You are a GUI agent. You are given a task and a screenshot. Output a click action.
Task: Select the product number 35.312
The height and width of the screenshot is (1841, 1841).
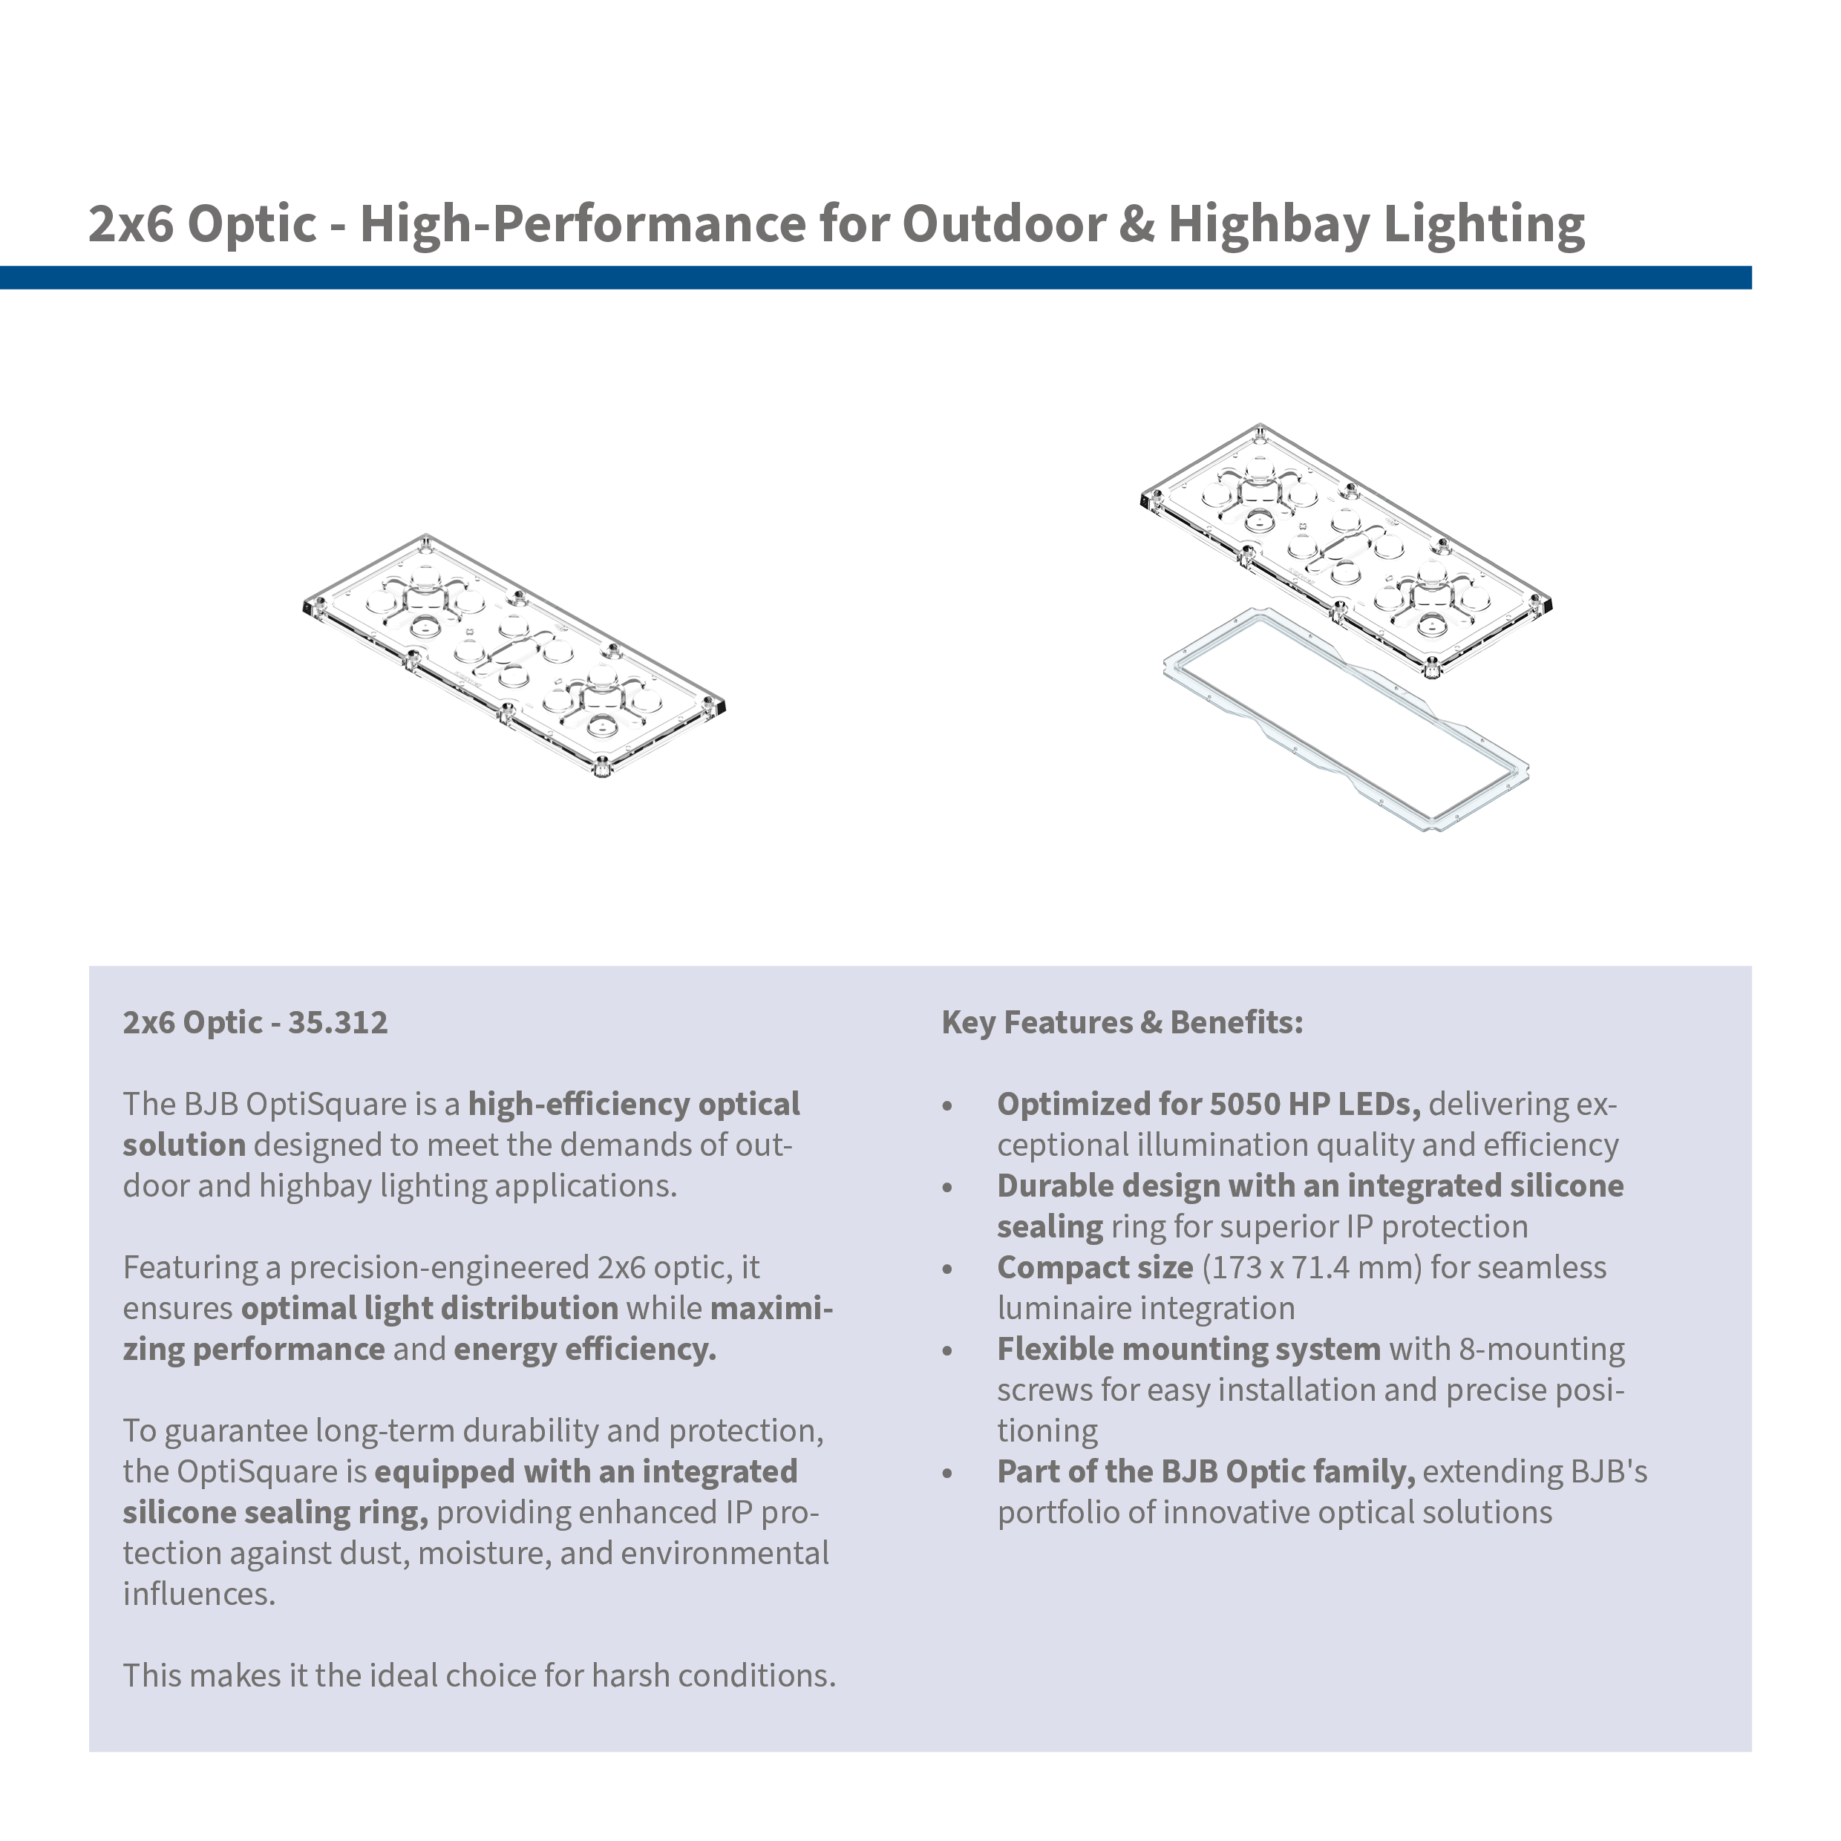[339, 1022]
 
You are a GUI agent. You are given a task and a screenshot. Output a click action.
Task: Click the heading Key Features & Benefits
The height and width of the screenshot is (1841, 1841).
[1122, 1022]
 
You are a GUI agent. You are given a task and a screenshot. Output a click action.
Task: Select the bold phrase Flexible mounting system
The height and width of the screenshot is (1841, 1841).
[1188, 1350]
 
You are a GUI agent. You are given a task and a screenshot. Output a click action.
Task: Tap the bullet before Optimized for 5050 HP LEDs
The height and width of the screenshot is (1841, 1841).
[947, 1106]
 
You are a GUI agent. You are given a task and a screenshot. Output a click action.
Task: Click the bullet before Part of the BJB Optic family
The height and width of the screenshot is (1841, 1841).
[947, 1474]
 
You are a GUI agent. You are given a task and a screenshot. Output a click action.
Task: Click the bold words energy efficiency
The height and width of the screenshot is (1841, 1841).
[585, 1350]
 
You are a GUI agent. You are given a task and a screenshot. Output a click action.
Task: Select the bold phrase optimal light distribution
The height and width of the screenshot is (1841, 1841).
[430, 1308]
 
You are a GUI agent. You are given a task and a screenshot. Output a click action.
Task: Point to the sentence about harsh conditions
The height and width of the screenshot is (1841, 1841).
[480, 1676]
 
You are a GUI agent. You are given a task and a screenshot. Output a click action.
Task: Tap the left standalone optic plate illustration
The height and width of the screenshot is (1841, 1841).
[514, 656]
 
